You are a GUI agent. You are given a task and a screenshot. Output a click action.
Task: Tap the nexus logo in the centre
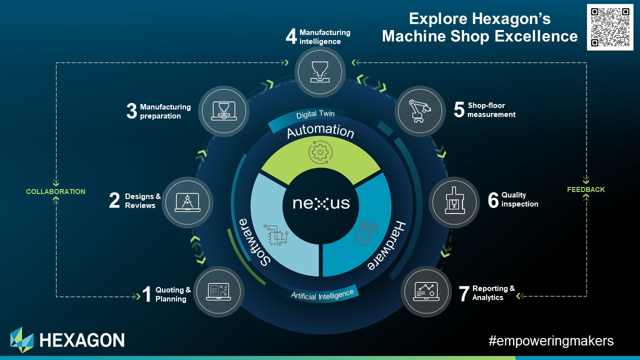(x=321, y=203)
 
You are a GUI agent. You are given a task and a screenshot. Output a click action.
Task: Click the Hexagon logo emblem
(x=22, y=340)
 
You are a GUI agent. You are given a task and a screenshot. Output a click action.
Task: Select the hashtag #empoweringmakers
(x=551, y=341)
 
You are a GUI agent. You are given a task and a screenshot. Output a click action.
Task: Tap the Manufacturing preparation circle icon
(x=223, y=111)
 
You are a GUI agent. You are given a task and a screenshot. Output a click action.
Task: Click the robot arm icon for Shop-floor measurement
(x=420, y=110)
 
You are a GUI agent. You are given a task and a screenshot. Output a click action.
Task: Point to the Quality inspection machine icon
(x=454, y=202)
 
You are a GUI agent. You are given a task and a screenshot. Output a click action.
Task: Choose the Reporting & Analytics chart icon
(x=426, y=291)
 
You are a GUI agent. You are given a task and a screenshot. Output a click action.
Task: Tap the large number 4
(x=291, y=36)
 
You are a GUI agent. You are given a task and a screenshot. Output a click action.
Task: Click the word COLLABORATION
(x=55, y=191)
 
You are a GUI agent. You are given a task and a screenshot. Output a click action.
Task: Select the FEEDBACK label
(x=586, y=189)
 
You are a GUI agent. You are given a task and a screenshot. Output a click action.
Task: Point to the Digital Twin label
(x=315, y=114)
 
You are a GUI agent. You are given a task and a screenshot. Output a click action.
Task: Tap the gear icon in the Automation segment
(x=320, y=152)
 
